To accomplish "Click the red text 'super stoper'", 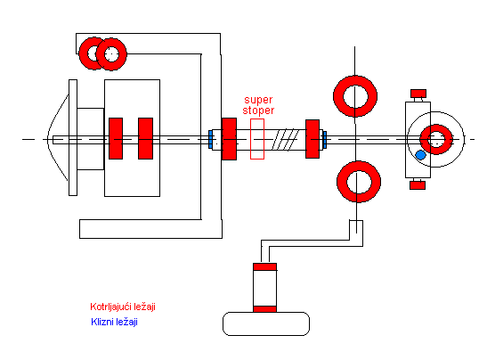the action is (258, 105).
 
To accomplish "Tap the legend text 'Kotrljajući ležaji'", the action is (123, 307).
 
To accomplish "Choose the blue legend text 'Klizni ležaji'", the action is (114, 322).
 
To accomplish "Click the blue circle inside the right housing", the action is (420, 155).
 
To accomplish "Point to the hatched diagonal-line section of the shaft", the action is (285, 139).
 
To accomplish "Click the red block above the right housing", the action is (418, 94).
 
